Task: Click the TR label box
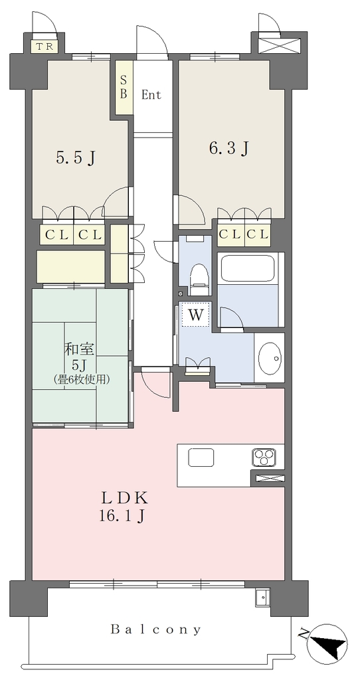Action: tap(45, 47)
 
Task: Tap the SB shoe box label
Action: tap(124, 87)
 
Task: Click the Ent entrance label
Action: tap(151, 95)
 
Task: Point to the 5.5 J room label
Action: tap(76, 158)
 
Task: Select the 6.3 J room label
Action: tap(228, 149)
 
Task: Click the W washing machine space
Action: tap(196, 314)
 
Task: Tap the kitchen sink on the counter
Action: tap(201, 457)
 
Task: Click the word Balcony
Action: tap(156, 630)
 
